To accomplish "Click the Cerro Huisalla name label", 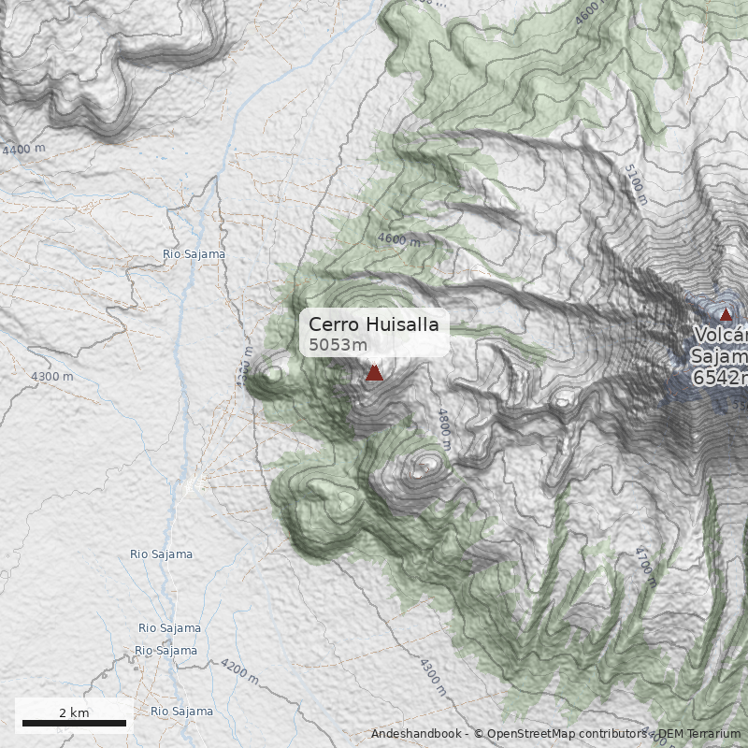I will (373, 324).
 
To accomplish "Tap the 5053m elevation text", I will (338, 345).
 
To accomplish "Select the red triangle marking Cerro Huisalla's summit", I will (374, 373).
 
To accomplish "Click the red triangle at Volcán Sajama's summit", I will (726, 314).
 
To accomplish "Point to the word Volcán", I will (721, 336).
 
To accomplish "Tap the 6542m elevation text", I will (721, 378).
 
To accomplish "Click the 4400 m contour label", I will (23, 150).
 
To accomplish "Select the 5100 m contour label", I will (635, 184).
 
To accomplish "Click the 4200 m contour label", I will (238, 671).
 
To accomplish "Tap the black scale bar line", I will (74, 723).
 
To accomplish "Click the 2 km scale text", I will (74, 712).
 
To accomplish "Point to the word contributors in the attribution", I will (612, 734).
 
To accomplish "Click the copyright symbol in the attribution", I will (478, 734).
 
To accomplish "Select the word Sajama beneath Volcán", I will (719, 356).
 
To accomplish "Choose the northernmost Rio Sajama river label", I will (194, 253).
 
